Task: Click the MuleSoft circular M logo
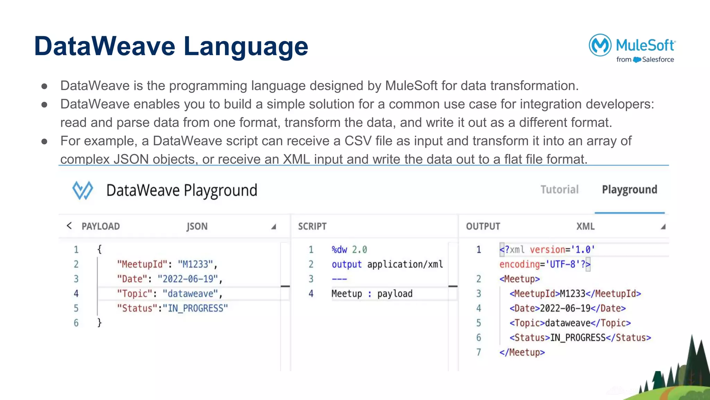tap(600, 45)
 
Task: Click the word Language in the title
tap(245, 46)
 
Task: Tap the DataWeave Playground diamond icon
tap(83, 190)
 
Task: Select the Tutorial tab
tap(560, 189)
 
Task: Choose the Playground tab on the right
tap(629, 189)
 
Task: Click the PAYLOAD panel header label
tap(101, 226)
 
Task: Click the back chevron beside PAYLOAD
tap(69, 226)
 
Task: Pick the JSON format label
tap(197, 226)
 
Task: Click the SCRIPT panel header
tap(312, 226)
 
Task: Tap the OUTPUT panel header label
tap(483, 226)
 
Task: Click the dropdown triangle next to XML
tap(663, 227)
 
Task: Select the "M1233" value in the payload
tap(195, 264)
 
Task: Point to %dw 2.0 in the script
tap(349, 250)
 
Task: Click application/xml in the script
tap(405, 264)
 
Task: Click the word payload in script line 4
tap(395, 294)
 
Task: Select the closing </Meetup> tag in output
tap(522, 352)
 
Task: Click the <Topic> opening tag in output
tap(527, 323)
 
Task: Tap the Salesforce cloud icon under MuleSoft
tap(637, 60)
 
